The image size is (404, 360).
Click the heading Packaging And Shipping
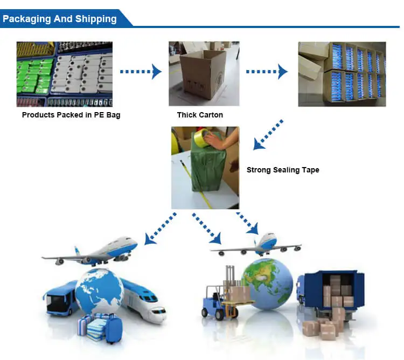(x=59, y=19)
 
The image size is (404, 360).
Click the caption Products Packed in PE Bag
(x=71, y=115)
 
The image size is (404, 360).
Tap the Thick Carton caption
(x=200, y=115)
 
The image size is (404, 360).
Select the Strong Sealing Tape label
(x=283, y=170)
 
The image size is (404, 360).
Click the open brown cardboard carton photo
(x=204, y=74)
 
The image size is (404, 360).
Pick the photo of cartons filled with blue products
(x=342, y=74)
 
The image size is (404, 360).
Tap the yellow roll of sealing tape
(x=202, y=138)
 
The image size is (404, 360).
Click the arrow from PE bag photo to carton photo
(x=141, y=71)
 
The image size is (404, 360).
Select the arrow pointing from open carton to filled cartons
(x=267, y=71)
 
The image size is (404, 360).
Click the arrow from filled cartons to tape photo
(x=268, y=134)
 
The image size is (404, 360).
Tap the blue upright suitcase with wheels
(x=114, y=329)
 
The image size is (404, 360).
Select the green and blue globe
(x=267, y=284)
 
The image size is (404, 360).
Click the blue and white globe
(x=100, y=293)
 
